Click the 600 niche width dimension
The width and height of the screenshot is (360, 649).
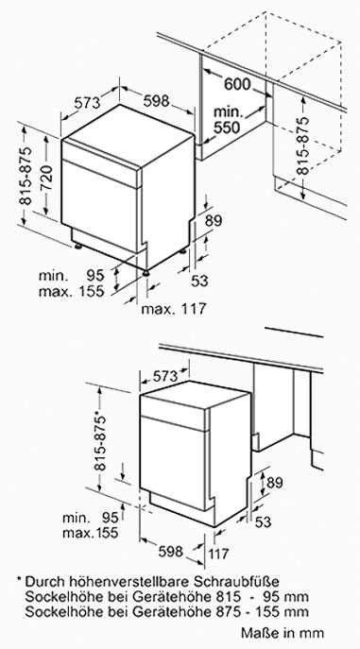[237, 84]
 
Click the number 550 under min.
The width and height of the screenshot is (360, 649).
[227, 128]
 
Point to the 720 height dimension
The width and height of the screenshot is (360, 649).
[46, 177]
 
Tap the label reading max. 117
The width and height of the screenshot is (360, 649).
[174, 309]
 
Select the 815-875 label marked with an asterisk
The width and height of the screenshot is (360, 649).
[100, 441]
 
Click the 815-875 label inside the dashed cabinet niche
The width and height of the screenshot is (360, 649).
[304, 145]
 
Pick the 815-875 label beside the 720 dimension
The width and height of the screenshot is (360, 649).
[26, 176]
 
